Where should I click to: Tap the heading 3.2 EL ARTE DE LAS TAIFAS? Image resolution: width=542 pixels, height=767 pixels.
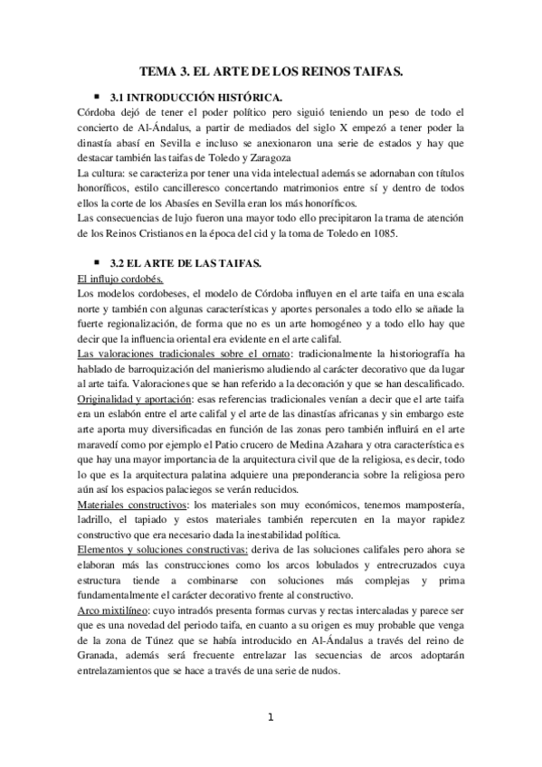pyautogui.click(x=184, y=263)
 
